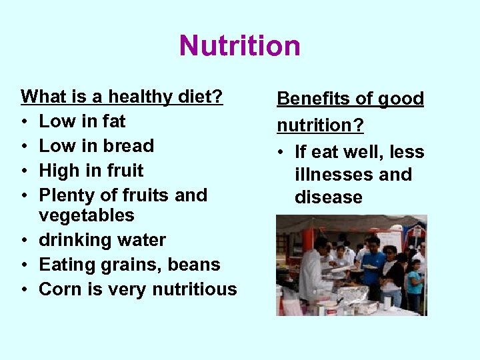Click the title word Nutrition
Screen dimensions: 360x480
[x=240, y=46]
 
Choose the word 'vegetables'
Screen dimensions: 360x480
[x=87, y=216]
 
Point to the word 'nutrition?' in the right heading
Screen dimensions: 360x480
[x=320, y=125]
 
